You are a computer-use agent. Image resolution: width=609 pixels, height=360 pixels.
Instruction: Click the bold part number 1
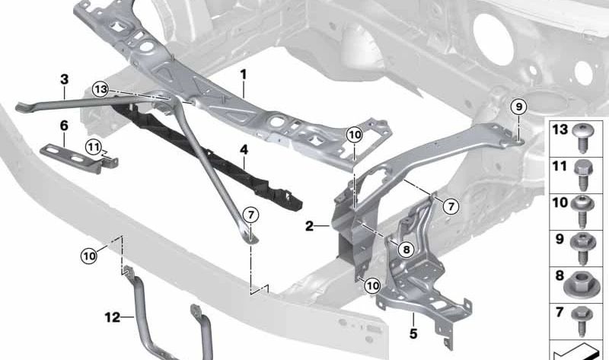pos(243,74)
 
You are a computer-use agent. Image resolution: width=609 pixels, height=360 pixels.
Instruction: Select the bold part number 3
pos(65,79)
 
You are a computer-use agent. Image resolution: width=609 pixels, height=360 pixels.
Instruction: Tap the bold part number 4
pos(244,149)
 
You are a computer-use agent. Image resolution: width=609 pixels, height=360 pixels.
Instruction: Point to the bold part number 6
pos(64,126)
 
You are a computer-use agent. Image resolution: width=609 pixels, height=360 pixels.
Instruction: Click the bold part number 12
pos(112,317)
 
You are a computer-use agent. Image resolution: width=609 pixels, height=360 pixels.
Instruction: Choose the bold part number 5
pos(413,333)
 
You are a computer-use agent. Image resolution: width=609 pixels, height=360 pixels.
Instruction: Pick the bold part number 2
pos(309,226)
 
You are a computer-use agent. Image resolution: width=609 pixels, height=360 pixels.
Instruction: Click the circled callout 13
pos(100,89)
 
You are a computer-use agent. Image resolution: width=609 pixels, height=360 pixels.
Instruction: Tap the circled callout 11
pos(93,147)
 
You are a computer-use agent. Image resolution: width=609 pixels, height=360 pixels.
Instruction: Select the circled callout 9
pos(519,107)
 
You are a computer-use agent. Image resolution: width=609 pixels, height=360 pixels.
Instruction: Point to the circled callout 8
pos(407,250)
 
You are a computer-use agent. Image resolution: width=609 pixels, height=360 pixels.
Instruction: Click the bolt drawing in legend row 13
pos(582,138)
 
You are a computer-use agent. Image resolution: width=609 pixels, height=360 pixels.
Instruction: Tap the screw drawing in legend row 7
pos(582,321)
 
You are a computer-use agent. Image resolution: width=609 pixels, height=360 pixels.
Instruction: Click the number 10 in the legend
pos(560,202)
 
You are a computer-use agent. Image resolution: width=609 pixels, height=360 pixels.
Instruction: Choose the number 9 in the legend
pos(560,239)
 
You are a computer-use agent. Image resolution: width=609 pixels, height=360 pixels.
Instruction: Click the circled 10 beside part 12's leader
pos(89,256)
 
